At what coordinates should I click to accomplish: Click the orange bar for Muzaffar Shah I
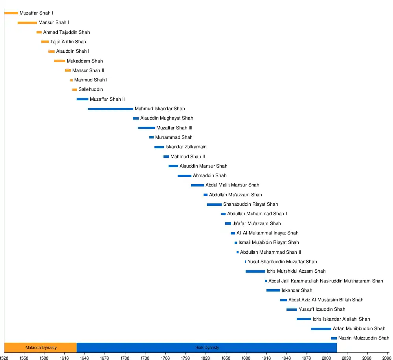coord(11,13)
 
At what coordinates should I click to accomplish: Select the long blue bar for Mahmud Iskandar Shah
coord(110,109)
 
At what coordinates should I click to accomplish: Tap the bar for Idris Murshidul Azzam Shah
coord(255,271)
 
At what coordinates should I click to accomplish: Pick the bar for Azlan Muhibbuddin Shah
coord(321,329)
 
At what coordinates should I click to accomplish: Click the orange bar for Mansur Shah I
coord(27,22)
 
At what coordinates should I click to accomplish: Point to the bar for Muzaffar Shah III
coord(146,128)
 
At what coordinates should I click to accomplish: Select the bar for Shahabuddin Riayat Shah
coord(214,204)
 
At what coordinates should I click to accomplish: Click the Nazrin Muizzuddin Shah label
coord(364,338)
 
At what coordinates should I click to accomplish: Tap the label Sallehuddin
coord(90,89)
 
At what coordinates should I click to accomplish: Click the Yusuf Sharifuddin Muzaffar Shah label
coord(282,262)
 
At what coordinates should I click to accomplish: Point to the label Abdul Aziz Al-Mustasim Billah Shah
coord(326,300)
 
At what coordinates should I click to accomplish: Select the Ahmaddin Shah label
coord(209,175)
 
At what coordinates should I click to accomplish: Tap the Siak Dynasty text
coord(207,347)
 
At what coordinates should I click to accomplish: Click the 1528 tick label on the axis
coord(4,357)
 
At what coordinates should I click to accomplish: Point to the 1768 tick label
coord(165,357)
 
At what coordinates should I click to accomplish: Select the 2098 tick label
coord(387,357)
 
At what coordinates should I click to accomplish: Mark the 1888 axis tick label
coord(246,357)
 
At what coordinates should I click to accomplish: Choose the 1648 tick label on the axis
coord(84,357)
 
